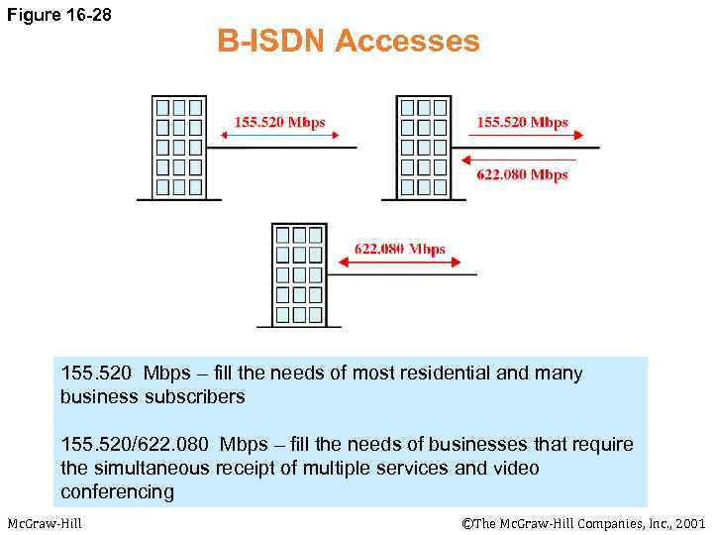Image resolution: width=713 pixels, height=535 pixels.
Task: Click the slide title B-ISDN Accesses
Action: (x=348, y=42)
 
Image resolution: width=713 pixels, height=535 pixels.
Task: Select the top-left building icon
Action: (x=178, y=148)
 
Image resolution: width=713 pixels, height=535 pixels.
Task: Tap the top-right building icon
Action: (x=423, y=148)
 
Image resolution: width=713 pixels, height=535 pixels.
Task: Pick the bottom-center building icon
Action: (x=299, y=274)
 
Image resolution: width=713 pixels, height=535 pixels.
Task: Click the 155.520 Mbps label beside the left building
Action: (x=279, y=122)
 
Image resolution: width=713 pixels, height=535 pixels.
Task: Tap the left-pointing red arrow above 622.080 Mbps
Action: (x=519, y=159)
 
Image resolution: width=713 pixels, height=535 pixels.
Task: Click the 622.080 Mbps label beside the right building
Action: (x=522, y=174)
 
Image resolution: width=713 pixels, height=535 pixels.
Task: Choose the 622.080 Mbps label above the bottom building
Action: (x=400, y=249)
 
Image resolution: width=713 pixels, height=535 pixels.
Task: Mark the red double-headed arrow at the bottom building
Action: (x=400, y=262)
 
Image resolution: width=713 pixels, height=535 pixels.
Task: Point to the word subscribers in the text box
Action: (x=196, y=396)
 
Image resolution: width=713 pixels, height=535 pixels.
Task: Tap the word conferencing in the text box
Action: (x=117, y=491)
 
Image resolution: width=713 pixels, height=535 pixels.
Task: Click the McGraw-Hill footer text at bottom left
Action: (x=44, y=522)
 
